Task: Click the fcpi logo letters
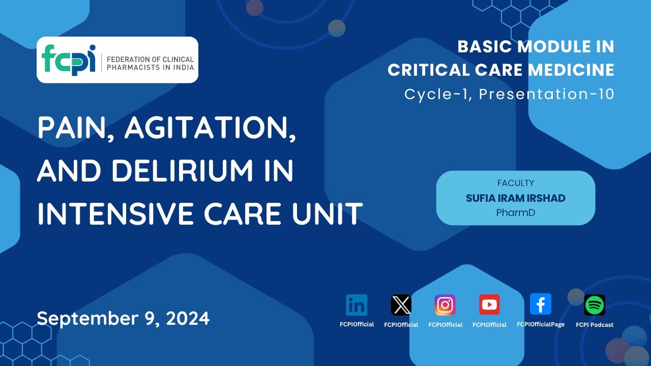[x=69, y=60]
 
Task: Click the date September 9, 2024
[x=123, y=318]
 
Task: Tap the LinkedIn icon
[x=357, y=305]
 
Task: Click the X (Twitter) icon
[x=401, y=305]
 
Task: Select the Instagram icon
[x=445, y=305]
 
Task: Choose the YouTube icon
[x=489, y=304]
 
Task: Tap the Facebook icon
[x=540, y=304]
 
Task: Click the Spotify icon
[x=594, y=305]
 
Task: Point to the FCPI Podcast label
[x=594, y=325]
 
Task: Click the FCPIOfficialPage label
[x=540, y=324]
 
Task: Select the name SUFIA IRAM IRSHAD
[x=515, y=198]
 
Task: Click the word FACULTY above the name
[x=515, y=183]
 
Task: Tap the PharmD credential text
[x=515, y=213]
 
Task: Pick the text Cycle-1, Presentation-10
[x=509, y=94]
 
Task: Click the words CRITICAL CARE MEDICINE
[x=500, y=70]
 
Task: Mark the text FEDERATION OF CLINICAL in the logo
[x=150, y=59]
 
